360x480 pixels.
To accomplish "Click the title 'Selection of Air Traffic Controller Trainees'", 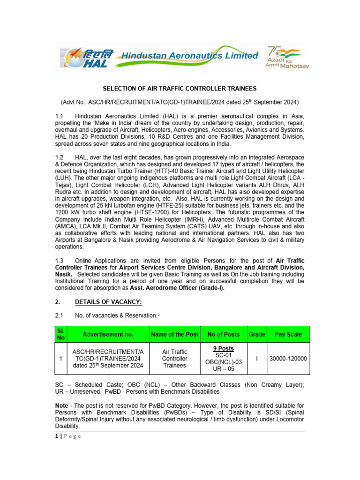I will click(x=180, y=89).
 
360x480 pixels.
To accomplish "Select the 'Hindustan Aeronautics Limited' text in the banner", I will click(x=189, y=56).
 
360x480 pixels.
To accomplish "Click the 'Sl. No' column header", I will click(x=60, y=334).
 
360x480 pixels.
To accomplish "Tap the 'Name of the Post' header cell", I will click(x=174, y=335).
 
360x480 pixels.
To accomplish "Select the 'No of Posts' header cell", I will click(x=224, y=335).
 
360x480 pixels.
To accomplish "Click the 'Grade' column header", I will click(x=257, y=335).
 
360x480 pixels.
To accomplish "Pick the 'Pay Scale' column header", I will click(x=288, y=335).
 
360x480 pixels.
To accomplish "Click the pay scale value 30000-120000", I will click(x=288, y=359).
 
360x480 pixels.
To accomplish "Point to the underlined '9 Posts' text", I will click(x=224, y=349).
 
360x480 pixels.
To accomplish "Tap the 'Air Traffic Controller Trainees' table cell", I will click(x=174, y=359).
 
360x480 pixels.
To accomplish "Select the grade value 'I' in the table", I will click(x=257, y=359).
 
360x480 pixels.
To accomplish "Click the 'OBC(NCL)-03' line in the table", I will click(x=224, y=362).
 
